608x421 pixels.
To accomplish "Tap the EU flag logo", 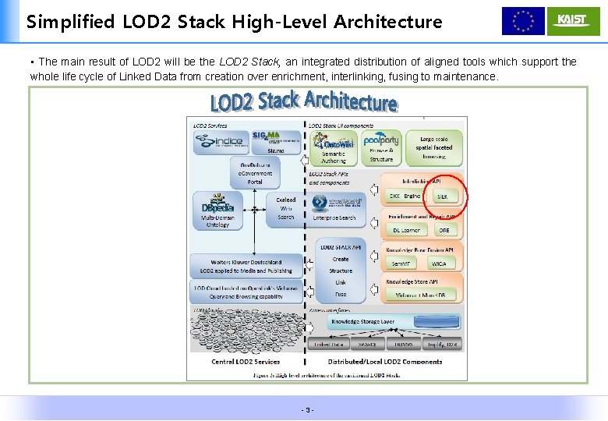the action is (523, 21).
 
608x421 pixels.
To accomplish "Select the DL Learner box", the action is (405, 230).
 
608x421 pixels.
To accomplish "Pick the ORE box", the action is (444, 230).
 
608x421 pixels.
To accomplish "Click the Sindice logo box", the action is (219, 141).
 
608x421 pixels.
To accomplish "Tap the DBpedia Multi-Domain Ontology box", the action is (217, 210).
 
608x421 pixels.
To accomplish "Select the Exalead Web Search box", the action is (285, 209).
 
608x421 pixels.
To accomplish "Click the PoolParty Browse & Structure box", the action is (381, 147).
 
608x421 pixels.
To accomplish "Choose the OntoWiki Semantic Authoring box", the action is (334, 147).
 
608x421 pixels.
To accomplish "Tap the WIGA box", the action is (439, 264).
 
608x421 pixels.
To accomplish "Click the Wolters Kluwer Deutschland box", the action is (246, 267).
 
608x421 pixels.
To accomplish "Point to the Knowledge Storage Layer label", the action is (363, 321).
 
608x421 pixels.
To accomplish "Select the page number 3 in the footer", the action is (309, 410).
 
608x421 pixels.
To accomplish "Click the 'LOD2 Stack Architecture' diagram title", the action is (303, 102).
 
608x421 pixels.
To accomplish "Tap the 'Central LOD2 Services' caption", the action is (246, 362).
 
